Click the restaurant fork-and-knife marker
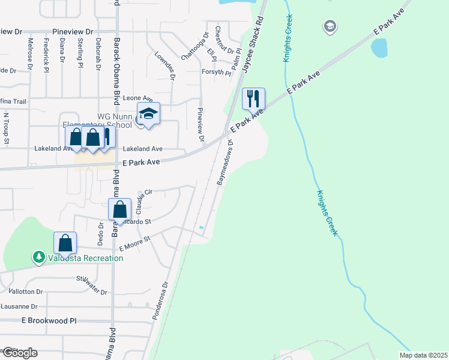pyautogui.click(x=253, y=98)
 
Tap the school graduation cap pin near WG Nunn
pyautogui.click(x=148, y=113)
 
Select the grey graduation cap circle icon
pyautogui.click(x=329, y=26)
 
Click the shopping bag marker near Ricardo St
pyautogui.click(x=120, y=210)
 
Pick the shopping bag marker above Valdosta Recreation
pyautogui.click(x=65, y=243)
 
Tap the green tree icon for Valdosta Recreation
pyautogui.click(x=39, y=257)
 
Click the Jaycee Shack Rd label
pyautogui.click(x=253, y=45)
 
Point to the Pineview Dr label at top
pyautogui.click(x=73, y=31)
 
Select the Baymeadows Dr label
pyautogui.click(x=224, y=163)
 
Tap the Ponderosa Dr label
pyautogui.click(x=160, y=297)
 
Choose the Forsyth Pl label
pyautogui.click(x=215, y=72)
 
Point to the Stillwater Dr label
pyautogui.click(x=91, y=285)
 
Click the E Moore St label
pyautogui.click(x=134, y=244)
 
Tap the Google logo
pyautogui.click(x=19, y=353)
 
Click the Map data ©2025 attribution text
pyautogui.click(x=423, y=355)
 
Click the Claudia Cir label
pyautogui.click(x=145, y=195)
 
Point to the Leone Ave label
pyautogui.click(x=137, y=98)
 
